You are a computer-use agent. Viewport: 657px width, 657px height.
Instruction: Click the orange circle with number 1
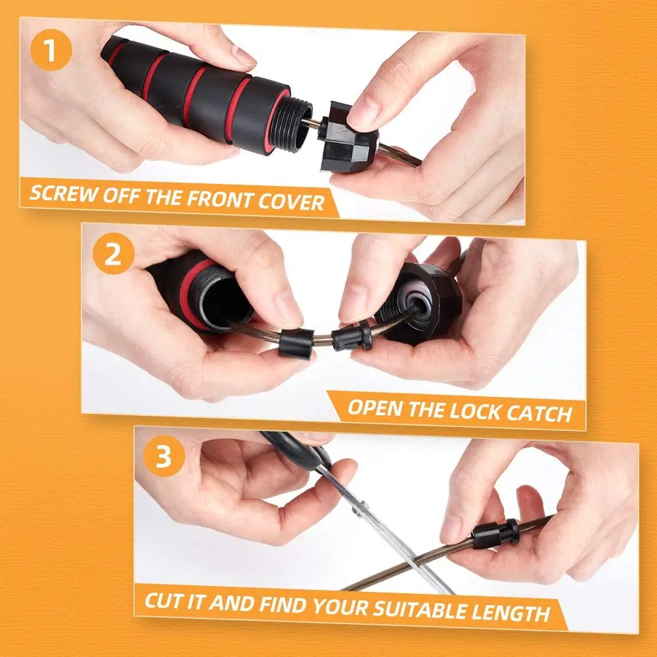click(51, 50)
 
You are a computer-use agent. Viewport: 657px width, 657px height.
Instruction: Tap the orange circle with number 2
click(113, 254)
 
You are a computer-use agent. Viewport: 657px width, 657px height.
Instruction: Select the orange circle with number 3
click(164, 456)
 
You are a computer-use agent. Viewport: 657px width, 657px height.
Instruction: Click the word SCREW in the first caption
click(63, 194)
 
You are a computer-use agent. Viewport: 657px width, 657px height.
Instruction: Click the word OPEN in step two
click(375, 408)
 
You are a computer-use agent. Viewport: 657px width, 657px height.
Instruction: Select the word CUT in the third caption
click(163, 601)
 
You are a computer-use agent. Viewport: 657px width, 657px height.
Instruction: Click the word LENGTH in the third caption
click(511, 612)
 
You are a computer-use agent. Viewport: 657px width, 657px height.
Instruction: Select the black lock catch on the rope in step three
click(496, 534)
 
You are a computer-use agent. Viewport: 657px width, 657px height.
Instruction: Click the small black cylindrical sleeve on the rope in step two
click(297, 343)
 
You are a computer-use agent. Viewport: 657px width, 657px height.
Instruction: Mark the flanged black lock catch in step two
click(352, 335)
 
